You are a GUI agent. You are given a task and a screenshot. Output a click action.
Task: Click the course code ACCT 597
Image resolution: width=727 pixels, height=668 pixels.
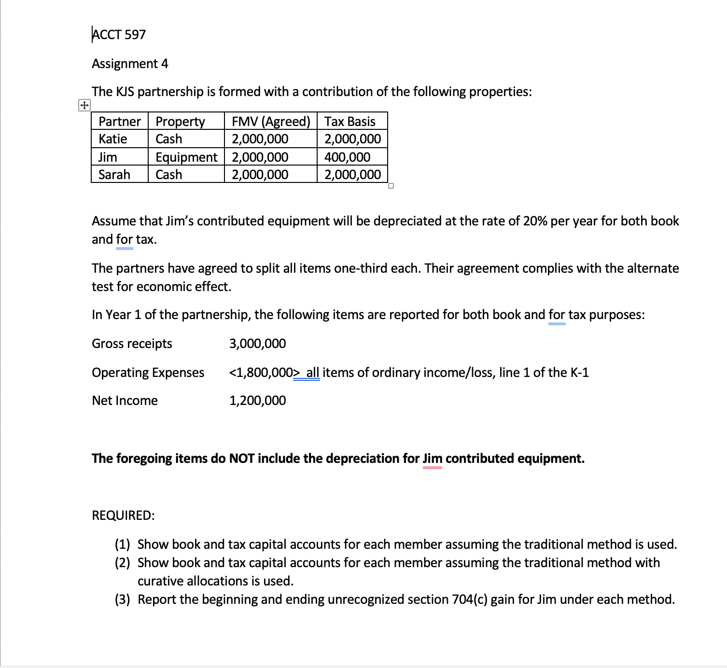119,35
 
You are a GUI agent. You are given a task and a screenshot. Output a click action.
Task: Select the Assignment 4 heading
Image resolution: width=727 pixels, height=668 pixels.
130,64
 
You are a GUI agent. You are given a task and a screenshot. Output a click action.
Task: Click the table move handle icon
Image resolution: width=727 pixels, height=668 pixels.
84,105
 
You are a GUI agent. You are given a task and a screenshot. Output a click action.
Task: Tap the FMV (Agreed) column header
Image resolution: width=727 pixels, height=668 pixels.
270,121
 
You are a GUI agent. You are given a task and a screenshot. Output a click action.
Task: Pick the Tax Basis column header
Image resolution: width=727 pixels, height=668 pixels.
350,121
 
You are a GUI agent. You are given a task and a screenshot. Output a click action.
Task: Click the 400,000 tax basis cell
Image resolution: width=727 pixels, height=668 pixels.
347,157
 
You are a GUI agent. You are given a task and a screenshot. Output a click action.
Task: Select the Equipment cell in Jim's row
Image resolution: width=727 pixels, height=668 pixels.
186,157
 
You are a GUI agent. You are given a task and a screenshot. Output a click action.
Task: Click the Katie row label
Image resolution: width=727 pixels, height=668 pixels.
112,139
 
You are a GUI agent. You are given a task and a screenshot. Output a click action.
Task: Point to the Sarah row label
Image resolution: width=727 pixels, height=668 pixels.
114,174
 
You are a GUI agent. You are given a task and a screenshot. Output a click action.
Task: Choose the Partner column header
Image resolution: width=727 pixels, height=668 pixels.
119,121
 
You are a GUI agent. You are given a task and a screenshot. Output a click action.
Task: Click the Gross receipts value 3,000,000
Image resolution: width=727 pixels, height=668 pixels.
257,344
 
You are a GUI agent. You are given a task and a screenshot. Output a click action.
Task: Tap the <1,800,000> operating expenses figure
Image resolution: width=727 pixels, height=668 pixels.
261,373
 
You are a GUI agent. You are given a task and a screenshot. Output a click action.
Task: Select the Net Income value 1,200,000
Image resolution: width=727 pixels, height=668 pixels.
257,401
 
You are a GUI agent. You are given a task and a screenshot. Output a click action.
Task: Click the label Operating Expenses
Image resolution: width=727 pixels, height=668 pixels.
148,373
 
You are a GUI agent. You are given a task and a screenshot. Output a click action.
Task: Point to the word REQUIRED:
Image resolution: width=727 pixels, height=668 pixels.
123,515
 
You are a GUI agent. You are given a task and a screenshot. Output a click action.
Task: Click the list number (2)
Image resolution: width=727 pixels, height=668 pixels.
122,563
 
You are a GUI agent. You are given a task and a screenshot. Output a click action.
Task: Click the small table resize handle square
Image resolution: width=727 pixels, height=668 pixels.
391,186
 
